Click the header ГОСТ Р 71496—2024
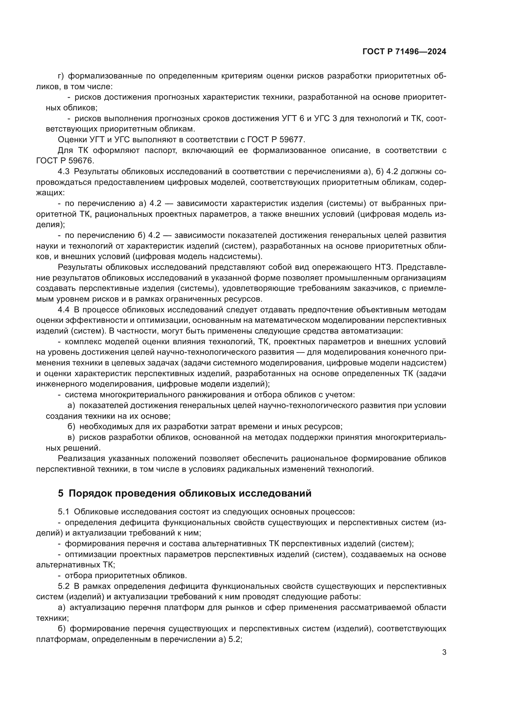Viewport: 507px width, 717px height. [404, 52]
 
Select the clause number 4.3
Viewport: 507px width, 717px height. [64, 171]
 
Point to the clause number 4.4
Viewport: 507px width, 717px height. [64, 310]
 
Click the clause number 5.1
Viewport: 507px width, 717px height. [64, 512]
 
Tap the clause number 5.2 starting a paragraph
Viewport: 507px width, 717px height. [64, 586]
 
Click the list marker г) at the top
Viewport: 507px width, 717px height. [61, 76]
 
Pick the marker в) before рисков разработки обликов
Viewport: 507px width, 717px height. [71, 437]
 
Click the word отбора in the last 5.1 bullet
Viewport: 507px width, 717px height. [78, 576]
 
